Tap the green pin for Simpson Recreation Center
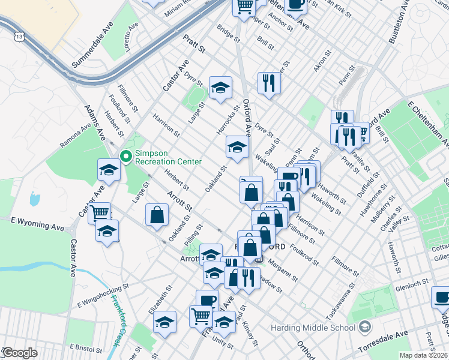[126, 157]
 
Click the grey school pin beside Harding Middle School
[364, 328]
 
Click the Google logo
[20, 353]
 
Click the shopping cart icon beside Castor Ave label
[100, 212]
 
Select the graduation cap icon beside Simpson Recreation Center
[109, 170]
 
